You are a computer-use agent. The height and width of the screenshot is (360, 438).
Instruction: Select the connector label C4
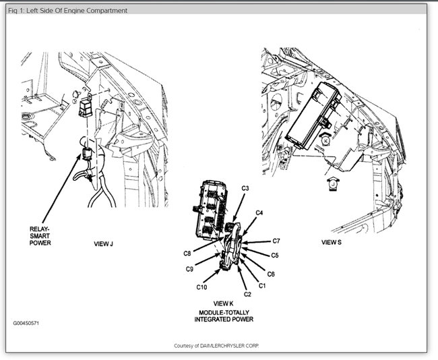point(259,213)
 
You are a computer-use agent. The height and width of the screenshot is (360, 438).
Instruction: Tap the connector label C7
point(276,241)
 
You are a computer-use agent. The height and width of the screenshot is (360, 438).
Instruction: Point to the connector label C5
point(275,255)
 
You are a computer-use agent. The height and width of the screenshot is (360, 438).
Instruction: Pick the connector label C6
point(271,274)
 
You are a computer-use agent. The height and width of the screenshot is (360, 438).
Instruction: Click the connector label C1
point(263,285)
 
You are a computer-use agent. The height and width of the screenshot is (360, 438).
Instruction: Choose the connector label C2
point(247,294)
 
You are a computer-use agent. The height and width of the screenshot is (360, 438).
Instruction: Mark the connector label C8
point(187,253)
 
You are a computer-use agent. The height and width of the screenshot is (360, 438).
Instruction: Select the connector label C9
point(190,269)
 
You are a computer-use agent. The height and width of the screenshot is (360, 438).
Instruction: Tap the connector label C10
point(201,287)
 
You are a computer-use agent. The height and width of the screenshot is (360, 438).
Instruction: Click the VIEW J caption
point(103,243)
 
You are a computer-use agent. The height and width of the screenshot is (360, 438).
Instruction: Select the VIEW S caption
point(331,241)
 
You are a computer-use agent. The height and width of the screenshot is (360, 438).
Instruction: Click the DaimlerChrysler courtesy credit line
point(216,345)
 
